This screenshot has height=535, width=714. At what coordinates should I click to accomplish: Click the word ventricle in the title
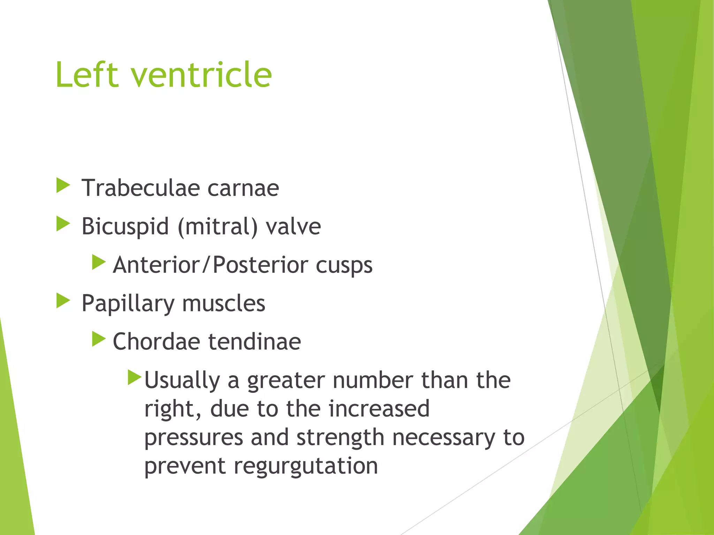[x=201, y=75]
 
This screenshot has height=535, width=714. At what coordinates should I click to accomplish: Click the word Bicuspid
[x=125, y=227]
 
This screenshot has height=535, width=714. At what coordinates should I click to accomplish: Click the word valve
[x=293, y=227]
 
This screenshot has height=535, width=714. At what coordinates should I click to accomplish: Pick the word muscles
[x=223, y=303]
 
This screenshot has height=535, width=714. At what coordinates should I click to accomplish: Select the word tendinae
[x=255, y=341]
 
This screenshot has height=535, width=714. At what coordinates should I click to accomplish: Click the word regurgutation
[x=306, y=466]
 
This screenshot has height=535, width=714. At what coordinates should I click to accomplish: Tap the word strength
[x=340, y=437]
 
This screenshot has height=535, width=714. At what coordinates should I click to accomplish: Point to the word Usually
[x=182, y=380]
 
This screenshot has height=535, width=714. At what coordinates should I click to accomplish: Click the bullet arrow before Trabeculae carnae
[x=63, y=185]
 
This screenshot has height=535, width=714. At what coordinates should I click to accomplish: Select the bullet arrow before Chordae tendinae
[x=99, y=339]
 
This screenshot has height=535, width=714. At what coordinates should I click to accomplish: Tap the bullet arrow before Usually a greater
[x=134, y=377]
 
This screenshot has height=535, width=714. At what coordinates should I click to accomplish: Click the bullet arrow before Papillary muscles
[x=63, y=301]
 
